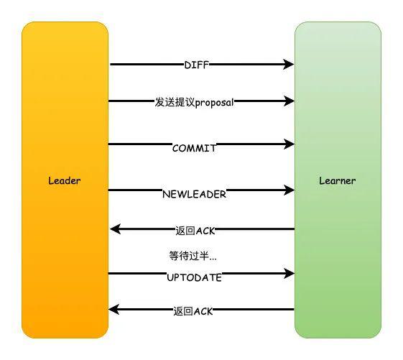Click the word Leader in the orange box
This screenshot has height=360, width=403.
64,180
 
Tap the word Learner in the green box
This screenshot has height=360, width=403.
338,180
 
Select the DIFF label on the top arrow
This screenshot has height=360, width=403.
196,65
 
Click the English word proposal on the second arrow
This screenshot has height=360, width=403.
214,103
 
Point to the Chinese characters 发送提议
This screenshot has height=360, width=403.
175,102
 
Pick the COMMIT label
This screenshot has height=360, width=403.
194,148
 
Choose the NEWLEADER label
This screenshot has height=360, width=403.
194,194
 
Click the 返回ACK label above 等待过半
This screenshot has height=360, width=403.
195,231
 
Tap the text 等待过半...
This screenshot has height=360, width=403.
193,256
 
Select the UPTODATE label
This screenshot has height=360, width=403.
194,277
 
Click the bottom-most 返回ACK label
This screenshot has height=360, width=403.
193,311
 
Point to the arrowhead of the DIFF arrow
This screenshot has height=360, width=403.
288,64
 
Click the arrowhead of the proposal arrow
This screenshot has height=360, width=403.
289,101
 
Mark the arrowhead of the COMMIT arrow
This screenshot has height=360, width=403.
289,144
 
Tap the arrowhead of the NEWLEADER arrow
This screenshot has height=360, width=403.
289,190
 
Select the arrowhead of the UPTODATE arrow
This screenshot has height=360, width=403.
289,273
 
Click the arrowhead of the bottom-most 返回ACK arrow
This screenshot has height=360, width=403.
114,309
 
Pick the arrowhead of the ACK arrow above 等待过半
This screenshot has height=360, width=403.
116,229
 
